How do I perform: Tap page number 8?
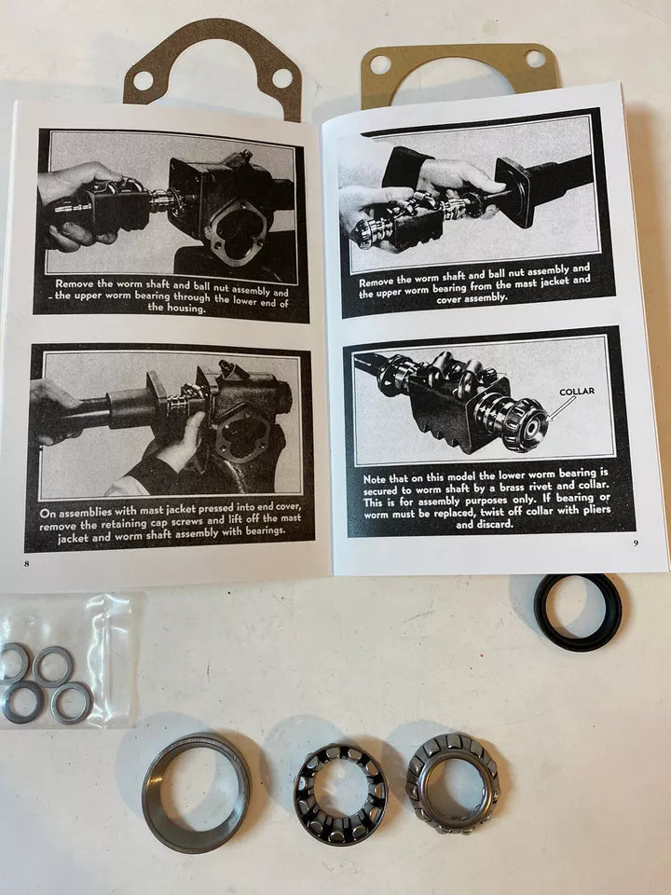click(x=27, y=563)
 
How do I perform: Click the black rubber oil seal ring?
click(x=578, y=612)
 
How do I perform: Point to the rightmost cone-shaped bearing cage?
click(x=452, y=781)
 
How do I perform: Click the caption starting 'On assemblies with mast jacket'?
click(x=171, y=525)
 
